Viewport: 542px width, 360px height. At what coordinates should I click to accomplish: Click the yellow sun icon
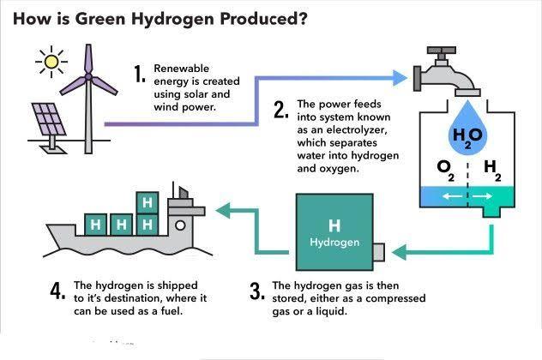tap(51, 62)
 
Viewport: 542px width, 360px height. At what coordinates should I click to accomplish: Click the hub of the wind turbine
tap(88, 76)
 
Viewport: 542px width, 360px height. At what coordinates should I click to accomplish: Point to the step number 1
tap(140, 74)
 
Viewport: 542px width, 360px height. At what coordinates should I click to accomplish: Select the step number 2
tap(281, 110)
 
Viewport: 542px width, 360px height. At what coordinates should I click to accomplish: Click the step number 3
tap(257, 291)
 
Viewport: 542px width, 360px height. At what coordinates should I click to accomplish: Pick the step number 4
tap(57, 291)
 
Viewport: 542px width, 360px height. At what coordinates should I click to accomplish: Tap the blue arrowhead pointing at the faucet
tap(400, 78)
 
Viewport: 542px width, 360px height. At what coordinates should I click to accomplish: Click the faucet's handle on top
tap(442, 51)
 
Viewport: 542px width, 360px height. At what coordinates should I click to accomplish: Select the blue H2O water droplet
tap(467, 128)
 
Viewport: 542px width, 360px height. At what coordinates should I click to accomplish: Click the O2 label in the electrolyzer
tap(446, 170)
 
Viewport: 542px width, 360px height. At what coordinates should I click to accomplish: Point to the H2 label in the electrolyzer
tap(492, 170)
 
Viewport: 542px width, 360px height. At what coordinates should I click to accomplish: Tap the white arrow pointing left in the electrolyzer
tap(453, 196)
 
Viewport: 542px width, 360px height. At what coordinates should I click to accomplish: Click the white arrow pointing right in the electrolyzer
tap(482, 196)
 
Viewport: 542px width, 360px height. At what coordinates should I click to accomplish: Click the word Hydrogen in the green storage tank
tap(334, 243)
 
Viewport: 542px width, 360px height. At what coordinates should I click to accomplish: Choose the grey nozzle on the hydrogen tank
tap(379, 252)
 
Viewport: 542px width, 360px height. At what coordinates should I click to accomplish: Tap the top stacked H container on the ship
tap(148, 203)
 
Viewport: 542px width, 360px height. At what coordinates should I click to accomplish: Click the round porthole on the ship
tap(180, 225)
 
